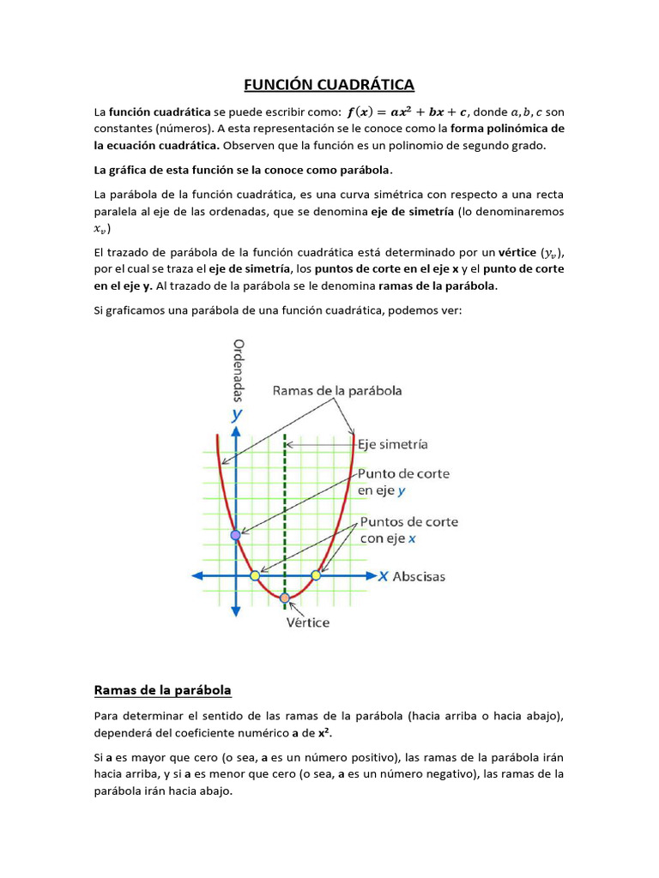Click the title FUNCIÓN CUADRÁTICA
329,84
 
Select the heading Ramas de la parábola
162,689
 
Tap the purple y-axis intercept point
236,535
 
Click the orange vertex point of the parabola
285,598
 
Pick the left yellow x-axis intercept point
255,575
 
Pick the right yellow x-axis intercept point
316,575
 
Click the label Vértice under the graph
307,622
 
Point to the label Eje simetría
392,444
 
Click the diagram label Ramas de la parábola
337,390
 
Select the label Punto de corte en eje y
402,482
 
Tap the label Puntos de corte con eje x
408,530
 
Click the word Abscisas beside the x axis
419,576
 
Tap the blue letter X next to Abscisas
383,576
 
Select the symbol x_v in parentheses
102,229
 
